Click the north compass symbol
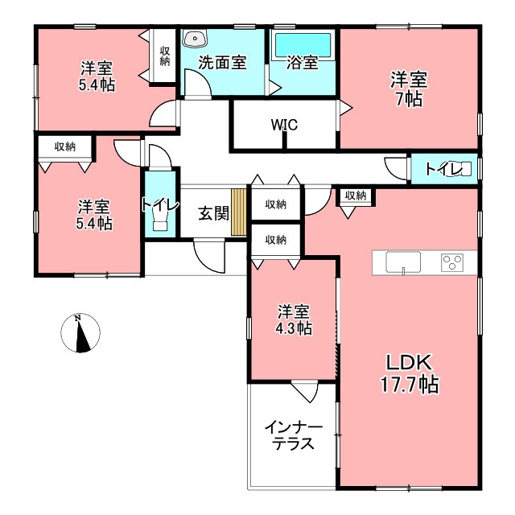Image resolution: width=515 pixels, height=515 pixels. pyautogui.click(x=80, y=333)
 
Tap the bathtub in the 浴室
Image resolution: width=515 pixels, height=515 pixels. pyautogui.click(x=303, y=45)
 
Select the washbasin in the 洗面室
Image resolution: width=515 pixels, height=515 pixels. pyautogui.click(x=195, y=39)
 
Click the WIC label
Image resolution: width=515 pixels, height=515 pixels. pyautogui.click(x=284, y=125)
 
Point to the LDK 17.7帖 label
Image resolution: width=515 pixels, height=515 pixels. pyautogui.click(x=410, y=373)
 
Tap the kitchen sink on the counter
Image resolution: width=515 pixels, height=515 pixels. pyautogui.click(x=403, y=262)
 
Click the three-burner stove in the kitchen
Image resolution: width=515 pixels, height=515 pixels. pyautogui.click(x=452, y=262)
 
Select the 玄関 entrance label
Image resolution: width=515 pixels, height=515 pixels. pyautogui.click(x=213, y=214)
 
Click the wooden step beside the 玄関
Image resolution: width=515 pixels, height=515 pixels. pyautogui.click(x=239, y=212)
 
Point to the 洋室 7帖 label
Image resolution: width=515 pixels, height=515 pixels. pyautogui.click(x=409, y=89)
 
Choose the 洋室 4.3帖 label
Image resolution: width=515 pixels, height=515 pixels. pyautogui.click(x=294, y=319)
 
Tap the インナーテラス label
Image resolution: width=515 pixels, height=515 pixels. pyautogui.click(x=294, y=435)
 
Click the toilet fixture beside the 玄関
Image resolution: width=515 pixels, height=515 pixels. pyautogui.click(x=161, y=220)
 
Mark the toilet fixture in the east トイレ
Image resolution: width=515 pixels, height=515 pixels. pyautogui.click(x=463, y=169)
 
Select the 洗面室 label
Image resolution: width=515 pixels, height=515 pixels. pyautogui.click(x=222, y=63)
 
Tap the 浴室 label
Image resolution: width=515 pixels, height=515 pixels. pyautogui.click(x=303, y=63)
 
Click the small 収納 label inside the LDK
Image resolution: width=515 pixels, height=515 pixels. pyautogui.click(x=356, y=196)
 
